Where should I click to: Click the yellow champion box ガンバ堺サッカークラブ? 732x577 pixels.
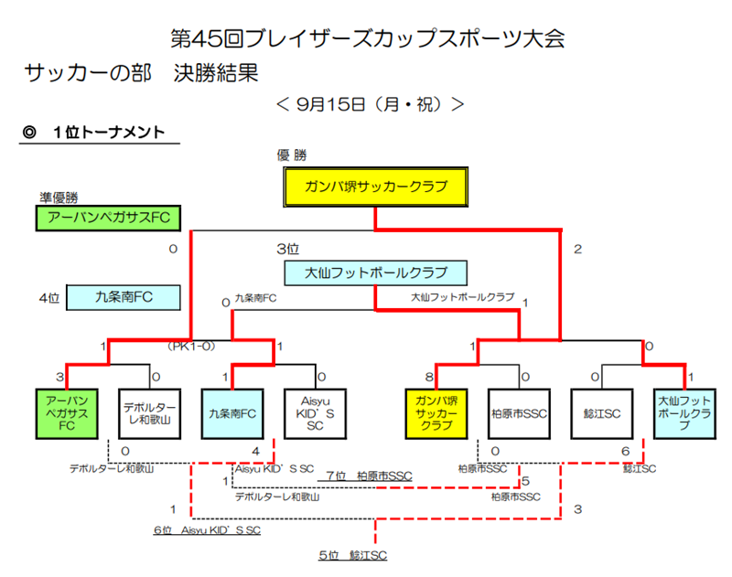click(376, 187)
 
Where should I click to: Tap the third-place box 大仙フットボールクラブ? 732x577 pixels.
click(375, 272)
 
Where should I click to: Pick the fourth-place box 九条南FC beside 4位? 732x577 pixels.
click(124, 297)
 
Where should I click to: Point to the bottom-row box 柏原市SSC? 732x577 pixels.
click(518, 413)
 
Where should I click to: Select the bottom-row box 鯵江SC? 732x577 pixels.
click(601, 413)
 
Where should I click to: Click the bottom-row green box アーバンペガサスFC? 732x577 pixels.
click(64, 413)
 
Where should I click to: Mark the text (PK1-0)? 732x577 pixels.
click(191, 347)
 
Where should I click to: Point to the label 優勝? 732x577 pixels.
click(292, 155)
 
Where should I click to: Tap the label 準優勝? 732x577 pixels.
click(59, 197)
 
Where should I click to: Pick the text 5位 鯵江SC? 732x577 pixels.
click(352, 555)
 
